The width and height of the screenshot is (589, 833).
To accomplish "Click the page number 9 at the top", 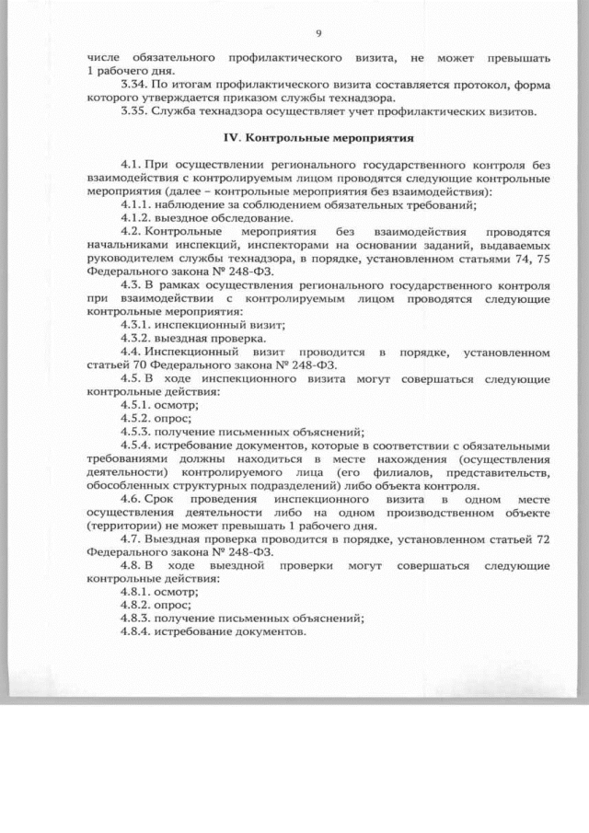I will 318,33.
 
